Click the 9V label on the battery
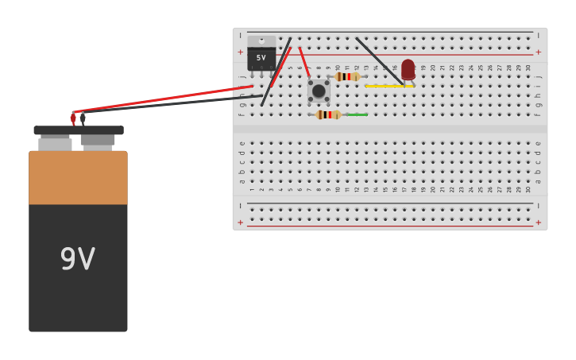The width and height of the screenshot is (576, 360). [78, 259]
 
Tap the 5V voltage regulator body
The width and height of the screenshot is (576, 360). [261, 58]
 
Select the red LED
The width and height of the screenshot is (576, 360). [408, 69]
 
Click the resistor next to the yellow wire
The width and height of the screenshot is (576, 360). [347, 76]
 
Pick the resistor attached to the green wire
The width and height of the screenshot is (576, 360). [328, 114]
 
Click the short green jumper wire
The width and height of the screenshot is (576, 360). [357, 114]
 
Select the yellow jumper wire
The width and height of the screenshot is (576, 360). [389, 86]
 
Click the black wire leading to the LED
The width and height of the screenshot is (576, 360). [379, 59]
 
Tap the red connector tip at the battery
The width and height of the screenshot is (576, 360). [73, 118]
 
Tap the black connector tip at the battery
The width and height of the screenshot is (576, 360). [83, 118]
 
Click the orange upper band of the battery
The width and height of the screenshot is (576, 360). [78, 177]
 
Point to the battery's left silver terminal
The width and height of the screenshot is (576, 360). [55, 144]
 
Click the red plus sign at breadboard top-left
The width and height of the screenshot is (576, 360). [241, 52]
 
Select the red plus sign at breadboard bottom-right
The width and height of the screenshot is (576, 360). [538, 223]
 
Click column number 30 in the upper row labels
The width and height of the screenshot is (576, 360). [528, 68]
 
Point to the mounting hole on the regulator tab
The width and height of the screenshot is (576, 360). [261, 41]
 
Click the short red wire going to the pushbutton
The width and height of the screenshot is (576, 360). [304, 62]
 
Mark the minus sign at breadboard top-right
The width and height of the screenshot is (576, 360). [538, 36]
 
